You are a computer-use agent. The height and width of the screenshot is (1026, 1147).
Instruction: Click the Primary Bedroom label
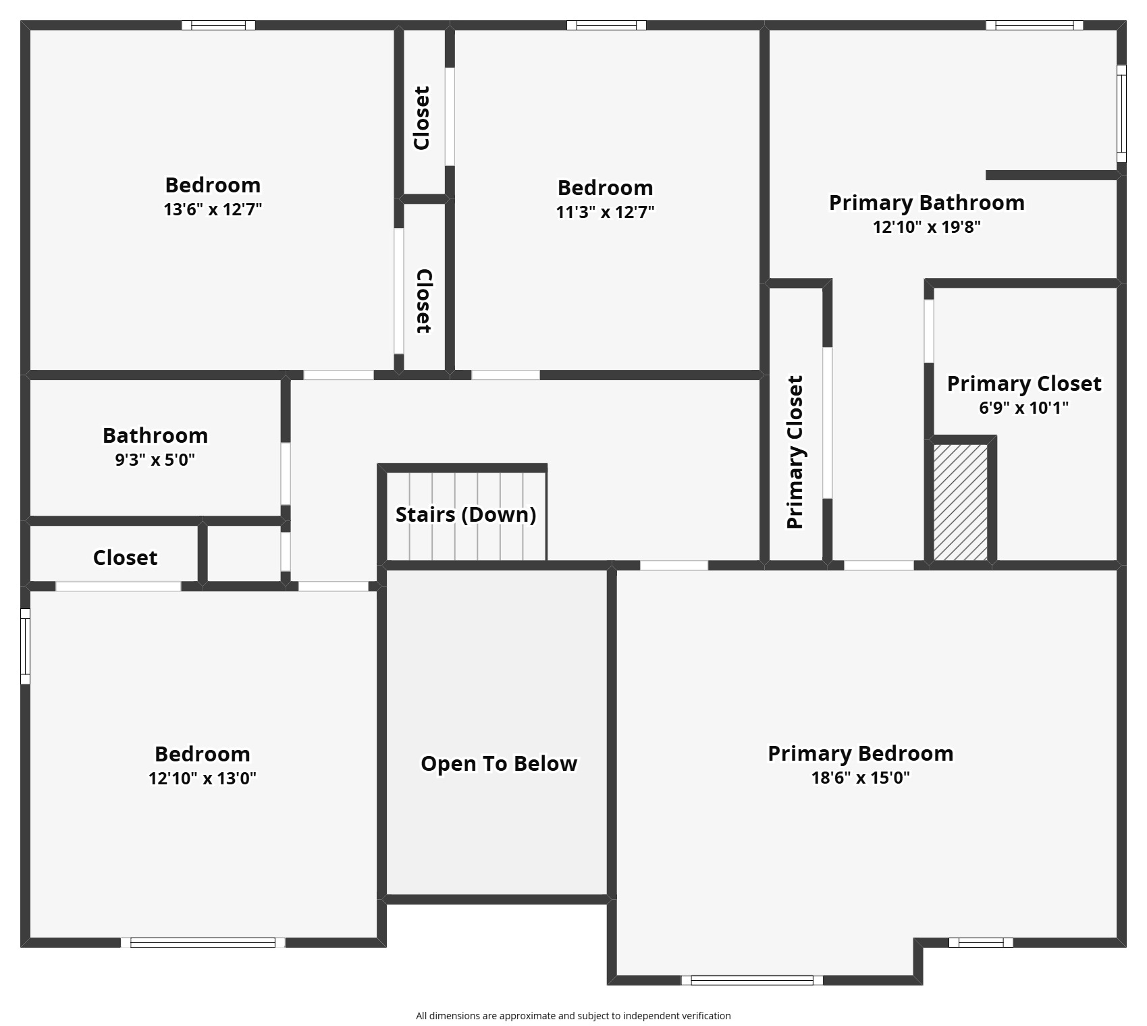coord(860,753)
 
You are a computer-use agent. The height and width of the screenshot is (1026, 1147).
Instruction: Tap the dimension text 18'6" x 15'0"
coord(860,778)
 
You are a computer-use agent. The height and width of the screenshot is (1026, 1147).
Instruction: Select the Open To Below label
coord(499,763)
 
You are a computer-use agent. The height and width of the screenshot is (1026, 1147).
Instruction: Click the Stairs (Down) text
coord(466,514)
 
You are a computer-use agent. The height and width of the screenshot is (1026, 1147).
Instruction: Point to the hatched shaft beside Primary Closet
coord(960,502)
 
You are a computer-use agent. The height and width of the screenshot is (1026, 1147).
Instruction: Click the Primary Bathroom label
coord(926,202)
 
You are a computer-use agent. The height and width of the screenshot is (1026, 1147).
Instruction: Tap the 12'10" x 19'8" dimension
coord(926,227)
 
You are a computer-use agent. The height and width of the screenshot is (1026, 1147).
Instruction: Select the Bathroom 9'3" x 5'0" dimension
coord(155,460)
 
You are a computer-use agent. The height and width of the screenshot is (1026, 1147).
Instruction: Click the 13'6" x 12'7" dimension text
coord(213,209)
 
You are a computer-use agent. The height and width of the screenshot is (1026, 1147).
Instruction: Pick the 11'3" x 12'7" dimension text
coord(605,212)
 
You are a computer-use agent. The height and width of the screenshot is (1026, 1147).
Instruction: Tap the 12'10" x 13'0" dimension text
coord(203,778)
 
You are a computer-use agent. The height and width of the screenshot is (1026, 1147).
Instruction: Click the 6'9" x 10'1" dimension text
coord(1023,408)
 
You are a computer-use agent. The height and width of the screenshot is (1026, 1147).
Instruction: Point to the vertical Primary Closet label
coord(795,452)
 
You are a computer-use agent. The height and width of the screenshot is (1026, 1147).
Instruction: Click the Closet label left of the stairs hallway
coord(125,558)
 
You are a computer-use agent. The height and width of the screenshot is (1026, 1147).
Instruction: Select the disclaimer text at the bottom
coord(573,1016)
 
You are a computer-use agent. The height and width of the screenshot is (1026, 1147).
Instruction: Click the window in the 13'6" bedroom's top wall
coord(218,26)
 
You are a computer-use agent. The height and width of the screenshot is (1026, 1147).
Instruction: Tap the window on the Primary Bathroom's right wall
coord(1121,113)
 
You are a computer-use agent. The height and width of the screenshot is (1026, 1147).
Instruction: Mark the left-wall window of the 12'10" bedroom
coord(25,646)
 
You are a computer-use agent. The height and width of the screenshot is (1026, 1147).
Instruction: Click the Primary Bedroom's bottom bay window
coord(751,980)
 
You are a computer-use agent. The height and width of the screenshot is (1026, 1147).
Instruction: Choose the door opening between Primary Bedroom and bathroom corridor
coord(878,566)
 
